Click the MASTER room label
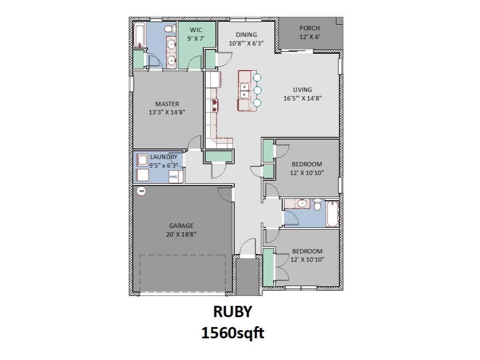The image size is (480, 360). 167,104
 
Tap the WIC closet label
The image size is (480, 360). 195,30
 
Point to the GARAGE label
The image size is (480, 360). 181,226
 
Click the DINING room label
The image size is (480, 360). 246,35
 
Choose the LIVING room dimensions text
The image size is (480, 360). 302,98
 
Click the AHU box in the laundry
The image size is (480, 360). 173,177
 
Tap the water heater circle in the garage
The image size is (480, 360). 141,191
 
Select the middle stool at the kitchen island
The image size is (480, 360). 257,90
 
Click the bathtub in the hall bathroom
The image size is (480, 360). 332,213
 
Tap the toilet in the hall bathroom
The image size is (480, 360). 318,204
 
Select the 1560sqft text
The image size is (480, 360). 232,333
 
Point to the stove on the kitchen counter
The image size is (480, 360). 214,104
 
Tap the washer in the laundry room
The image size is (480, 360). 142,160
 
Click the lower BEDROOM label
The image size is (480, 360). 307,251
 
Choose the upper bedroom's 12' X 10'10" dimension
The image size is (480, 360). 308,172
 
